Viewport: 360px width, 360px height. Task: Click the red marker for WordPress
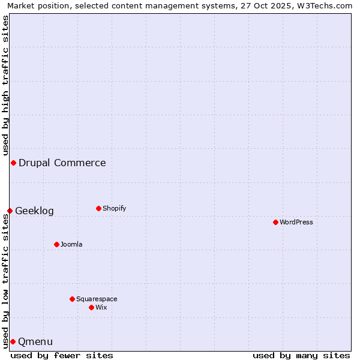coord(275,222)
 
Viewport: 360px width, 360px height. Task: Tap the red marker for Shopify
coord(98,208)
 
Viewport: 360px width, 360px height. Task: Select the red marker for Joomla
coord(56,244)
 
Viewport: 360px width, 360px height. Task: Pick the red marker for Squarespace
coord(72,299)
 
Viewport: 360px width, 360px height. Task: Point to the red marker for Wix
coord(91,307)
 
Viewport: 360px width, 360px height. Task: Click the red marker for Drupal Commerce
coord(13,163)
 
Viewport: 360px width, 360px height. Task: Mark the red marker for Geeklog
coord(10,211)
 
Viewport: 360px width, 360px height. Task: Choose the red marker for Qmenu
coord(13,341)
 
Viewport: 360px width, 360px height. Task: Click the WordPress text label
coord(296,222)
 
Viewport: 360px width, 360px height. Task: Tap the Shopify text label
coord(115,208)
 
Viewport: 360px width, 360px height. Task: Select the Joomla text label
coord(71,244)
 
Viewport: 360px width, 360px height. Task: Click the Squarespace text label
coord(97,299)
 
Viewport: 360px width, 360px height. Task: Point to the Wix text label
coord(101,307)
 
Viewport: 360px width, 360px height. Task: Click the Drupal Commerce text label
coord(62,163)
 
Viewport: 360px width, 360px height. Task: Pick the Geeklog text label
coord(34,211)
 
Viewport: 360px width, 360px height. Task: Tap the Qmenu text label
coord(35,341)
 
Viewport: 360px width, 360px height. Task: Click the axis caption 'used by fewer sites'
coord(62,355)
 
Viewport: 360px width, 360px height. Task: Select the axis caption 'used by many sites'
coord(301,355)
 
